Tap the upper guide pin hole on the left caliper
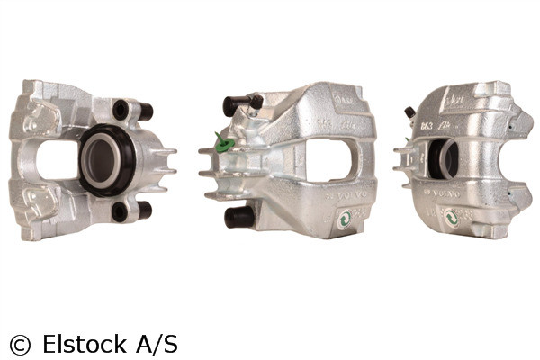pyautogui.click(x=121, y=109)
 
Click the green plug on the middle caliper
pyautogui.click(x=224, y=143)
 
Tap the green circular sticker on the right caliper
pyautogui.click(x=451, y=216)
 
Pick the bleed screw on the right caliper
pyautogui.click(x=410, y=112)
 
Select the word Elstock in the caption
pyautogui.click(x=82, y=343)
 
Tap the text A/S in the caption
pyautogui.click(x=157, y=343)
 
